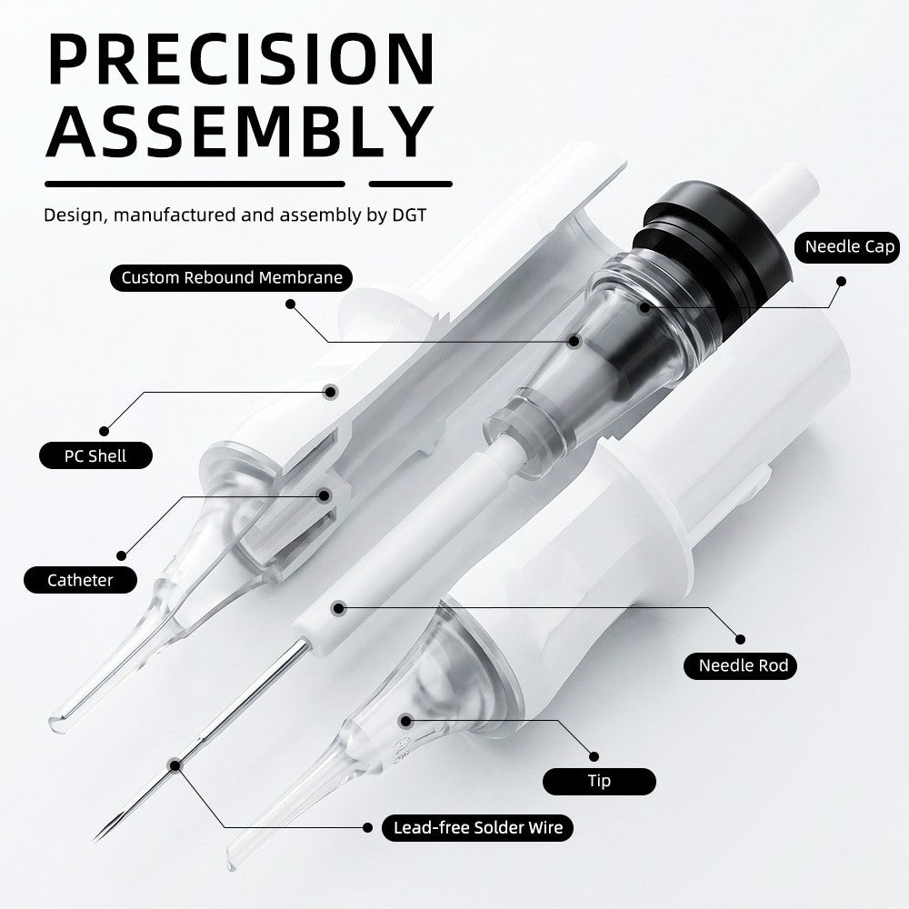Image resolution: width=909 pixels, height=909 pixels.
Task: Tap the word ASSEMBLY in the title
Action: pyautogui.click(x=240, y=131)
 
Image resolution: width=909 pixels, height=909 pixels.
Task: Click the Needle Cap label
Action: pyautogui.click(x=849, y=246)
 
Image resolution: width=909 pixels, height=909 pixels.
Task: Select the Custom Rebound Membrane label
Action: pyautogui.click(x=231, y=277)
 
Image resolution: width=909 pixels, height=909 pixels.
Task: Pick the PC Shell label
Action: pyautogui.click(x=95, y=455)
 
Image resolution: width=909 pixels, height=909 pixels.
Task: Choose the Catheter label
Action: pyautogui.click(x=80, y=580)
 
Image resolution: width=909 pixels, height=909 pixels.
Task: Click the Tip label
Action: pyautogui.click(x=599, y=781)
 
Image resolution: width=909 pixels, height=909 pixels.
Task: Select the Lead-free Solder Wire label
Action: pyautogui.click(x=477, y=827)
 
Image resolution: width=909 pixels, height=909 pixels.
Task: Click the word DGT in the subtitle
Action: pyautogui.click(x=409, y=215)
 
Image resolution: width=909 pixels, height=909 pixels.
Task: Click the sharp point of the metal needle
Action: pyautogui.click(x=94, y=838)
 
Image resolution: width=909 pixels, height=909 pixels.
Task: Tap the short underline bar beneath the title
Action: pyautogui.click(x=411, y=185)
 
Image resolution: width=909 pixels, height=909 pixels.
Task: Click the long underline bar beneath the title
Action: pyautogui.click(x=195, y=185)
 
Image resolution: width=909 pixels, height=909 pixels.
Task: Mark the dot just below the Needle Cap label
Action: pyautogui.click(x=841, y=282)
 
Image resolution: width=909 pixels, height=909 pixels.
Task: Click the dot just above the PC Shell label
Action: pyautogui.click(x=104, y=431)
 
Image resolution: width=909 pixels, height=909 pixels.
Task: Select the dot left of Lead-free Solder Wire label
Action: pyautogui.click(x=367, y=827)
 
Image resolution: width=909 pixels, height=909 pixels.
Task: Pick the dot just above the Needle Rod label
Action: pyautogui.click(x=740, y=639)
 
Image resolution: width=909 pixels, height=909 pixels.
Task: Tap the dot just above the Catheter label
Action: pyautogui.click(x=121, y=556)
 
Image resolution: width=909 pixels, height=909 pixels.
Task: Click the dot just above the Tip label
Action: pyautogui.click(x=594, y=756)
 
